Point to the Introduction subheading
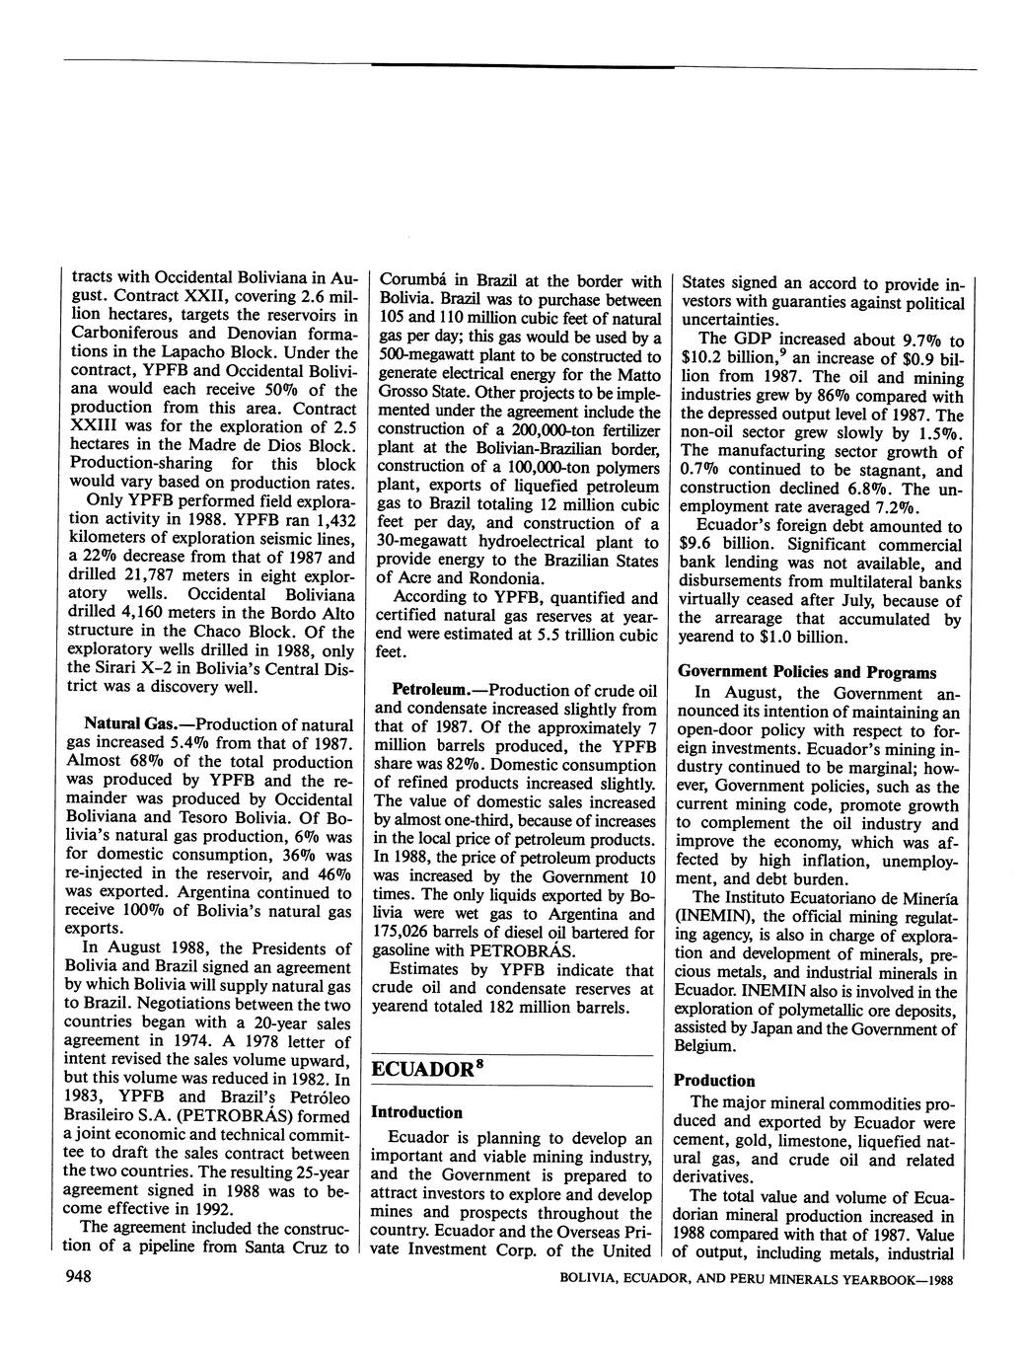(x=416, y=1111)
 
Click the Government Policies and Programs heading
(x=807, y=672)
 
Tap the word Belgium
(x=703, y=1046)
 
